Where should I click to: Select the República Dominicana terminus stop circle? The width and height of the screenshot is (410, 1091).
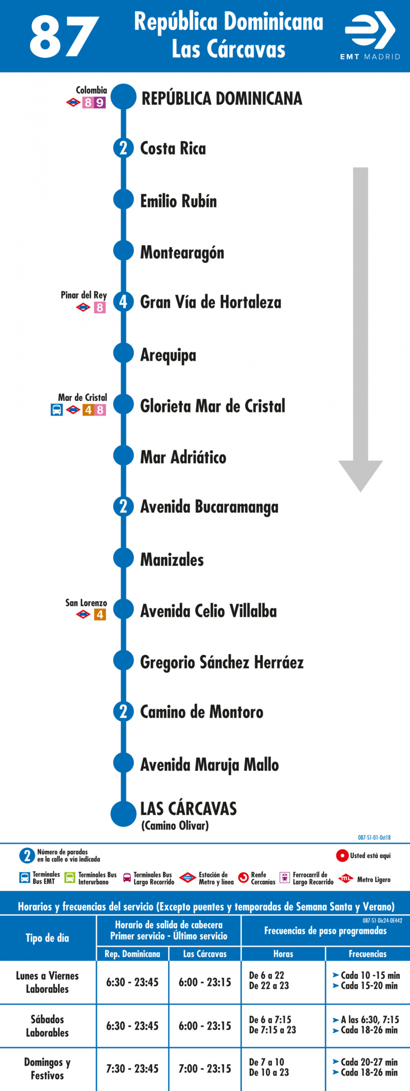123,97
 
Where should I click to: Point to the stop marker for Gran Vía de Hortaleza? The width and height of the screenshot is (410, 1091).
123,302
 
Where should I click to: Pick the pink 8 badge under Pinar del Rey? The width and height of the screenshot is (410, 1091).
100,307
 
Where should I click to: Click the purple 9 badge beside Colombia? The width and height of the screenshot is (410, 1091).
100,103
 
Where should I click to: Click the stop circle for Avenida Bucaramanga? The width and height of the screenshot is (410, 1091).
123,506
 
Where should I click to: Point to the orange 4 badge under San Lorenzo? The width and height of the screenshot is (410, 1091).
100,614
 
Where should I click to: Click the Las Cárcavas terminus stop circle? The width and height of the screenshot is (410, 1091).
123,814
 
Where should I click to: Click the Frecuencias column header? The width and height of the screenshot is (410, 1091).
368,953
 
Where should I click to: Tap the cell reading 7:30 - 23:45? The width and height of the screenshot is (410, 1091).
132,1068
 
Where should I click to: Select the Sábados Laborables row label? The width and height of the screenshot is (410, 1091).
47,1026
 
